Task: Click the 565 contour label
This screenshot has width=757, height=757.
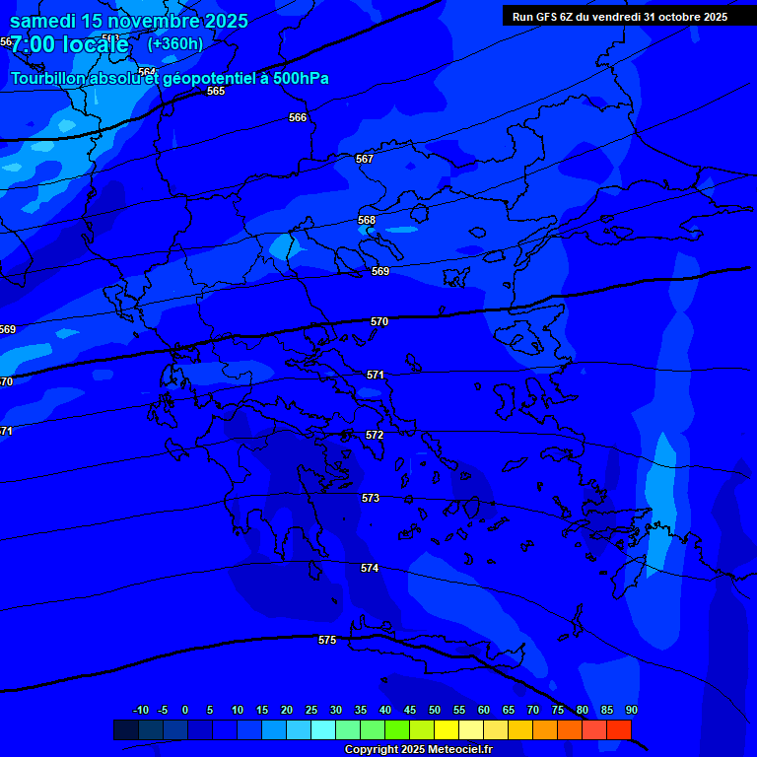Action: click(x=216, y=91)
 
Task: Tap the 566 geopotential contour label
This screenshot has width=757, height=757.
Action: click(x=298, y=117)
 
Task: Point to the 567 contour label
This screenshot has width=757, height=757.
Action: click(x=365, y=159)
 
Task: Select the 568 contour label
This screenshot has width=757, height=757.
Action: click(x=367, y=220)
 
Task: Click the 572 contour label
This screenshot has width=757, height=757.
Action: click(x=375, y=435)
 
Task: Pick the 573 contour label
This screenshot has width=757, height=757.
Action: click(x=371, y=498)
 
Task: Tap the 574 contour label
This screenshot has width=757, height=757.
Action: click(x=370, y=568)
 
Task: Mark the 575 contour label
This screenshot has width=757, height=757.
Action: click(x=327, y=640)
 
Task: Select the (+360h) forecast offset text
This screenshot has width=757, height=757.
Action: click(x=174, y=43)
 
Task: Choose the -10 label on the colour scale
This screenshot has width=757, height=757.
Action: click(x=140, y=710)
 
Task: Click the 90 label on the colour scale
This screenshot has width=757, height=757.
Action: click(x=631, y=710)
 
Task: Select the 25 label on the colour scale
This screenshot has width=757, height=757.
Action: click(x=310, y=710)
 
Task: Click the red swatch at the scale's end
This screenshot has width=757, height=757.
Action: click(x=618, y=729)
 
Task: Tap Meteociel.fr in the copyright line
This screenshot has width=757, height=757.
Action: click(x=456, y=750)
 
